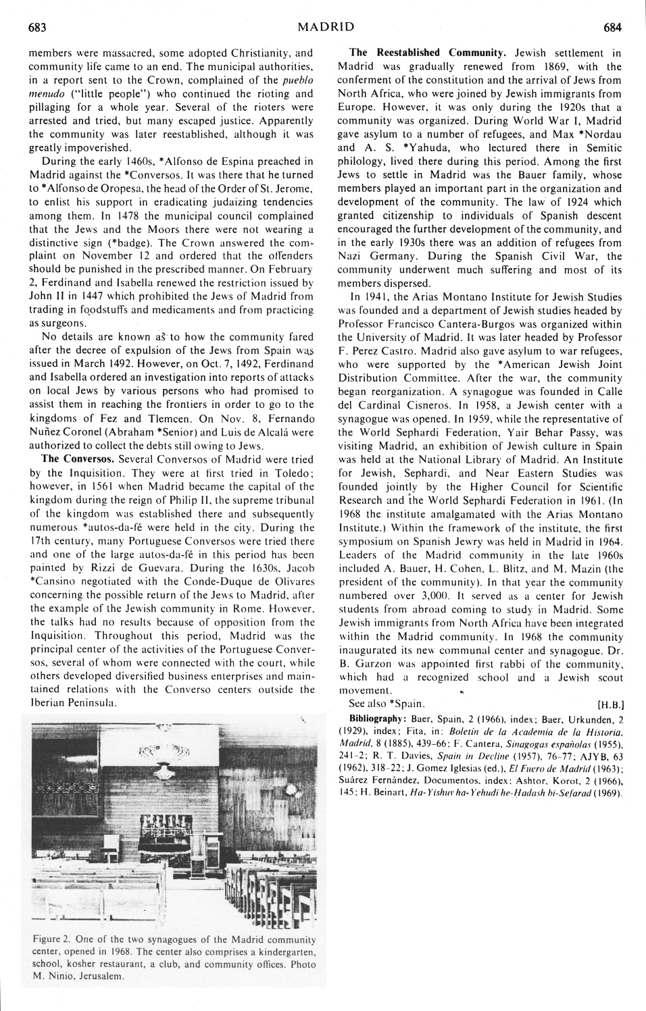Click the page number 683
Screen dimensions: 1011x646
coord(36,28)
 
